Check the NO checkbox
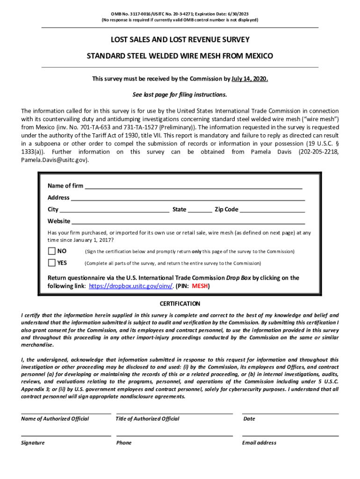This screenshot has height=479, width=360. pyautogui.click(x=51, y=251)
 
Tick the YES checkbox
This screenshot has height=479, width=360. pyautogui.click(x=51, y=263)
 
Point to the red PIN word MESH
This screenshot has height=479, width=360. pyautogui.click(x=200, y=286)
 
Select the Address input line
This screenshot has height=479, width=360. pyautogui.click(x=187, y=198)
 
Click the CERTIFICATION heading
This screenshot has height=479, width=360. pyautogui.click(x=180, y=304)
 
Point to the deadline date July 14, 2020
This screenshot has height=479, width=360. pyautogui.click(x=250, y=79)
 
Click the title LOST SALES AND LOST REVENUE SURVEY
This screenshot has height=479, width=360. pyautogui.click(x=180, y=40)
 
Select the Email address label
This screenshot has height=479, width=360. pyautogui.click(x=259, y=443)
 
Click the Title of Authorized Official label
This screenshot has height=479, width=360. pyautogui.click(x=147, y=419)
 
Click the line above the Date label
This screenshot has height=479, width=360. pyautogui.click(x=290, y=414)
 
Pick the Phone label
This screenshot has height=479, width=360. pyautogui.click(x=124, y=443)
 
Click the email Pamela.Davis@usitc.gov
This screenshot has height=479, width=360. pyautogui.click(x=54, y=160)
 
